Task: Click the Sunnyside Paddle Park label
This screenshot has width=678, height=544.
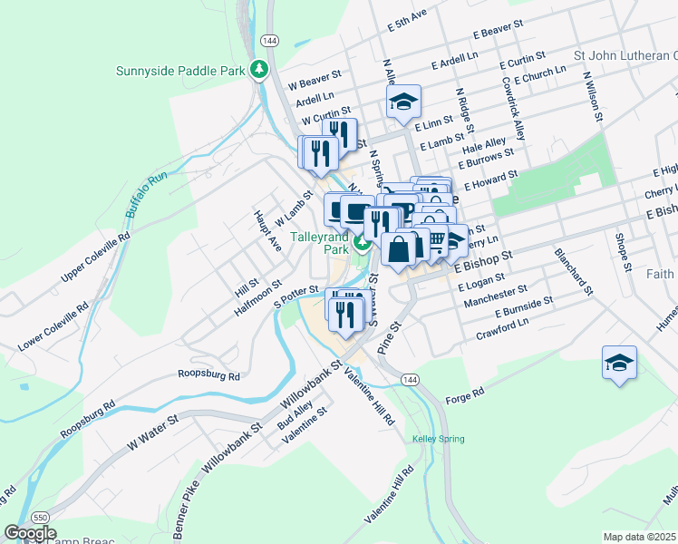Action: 181,71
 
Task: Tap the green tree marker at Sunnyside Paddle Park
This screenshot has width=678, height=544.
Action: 260,69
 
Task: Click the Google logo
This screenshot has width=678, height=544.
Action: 30,533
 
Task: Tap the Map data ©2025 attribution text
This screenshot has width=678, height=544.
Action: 639,537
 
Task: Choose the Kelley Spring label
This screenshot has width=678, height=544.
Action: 438,439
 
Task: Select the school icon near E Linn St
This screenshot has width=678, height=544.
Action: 403,102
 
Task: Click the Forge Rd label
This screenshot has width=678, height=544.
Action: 465,395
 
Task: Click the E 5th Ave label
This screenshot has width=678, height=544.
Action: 406,21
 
